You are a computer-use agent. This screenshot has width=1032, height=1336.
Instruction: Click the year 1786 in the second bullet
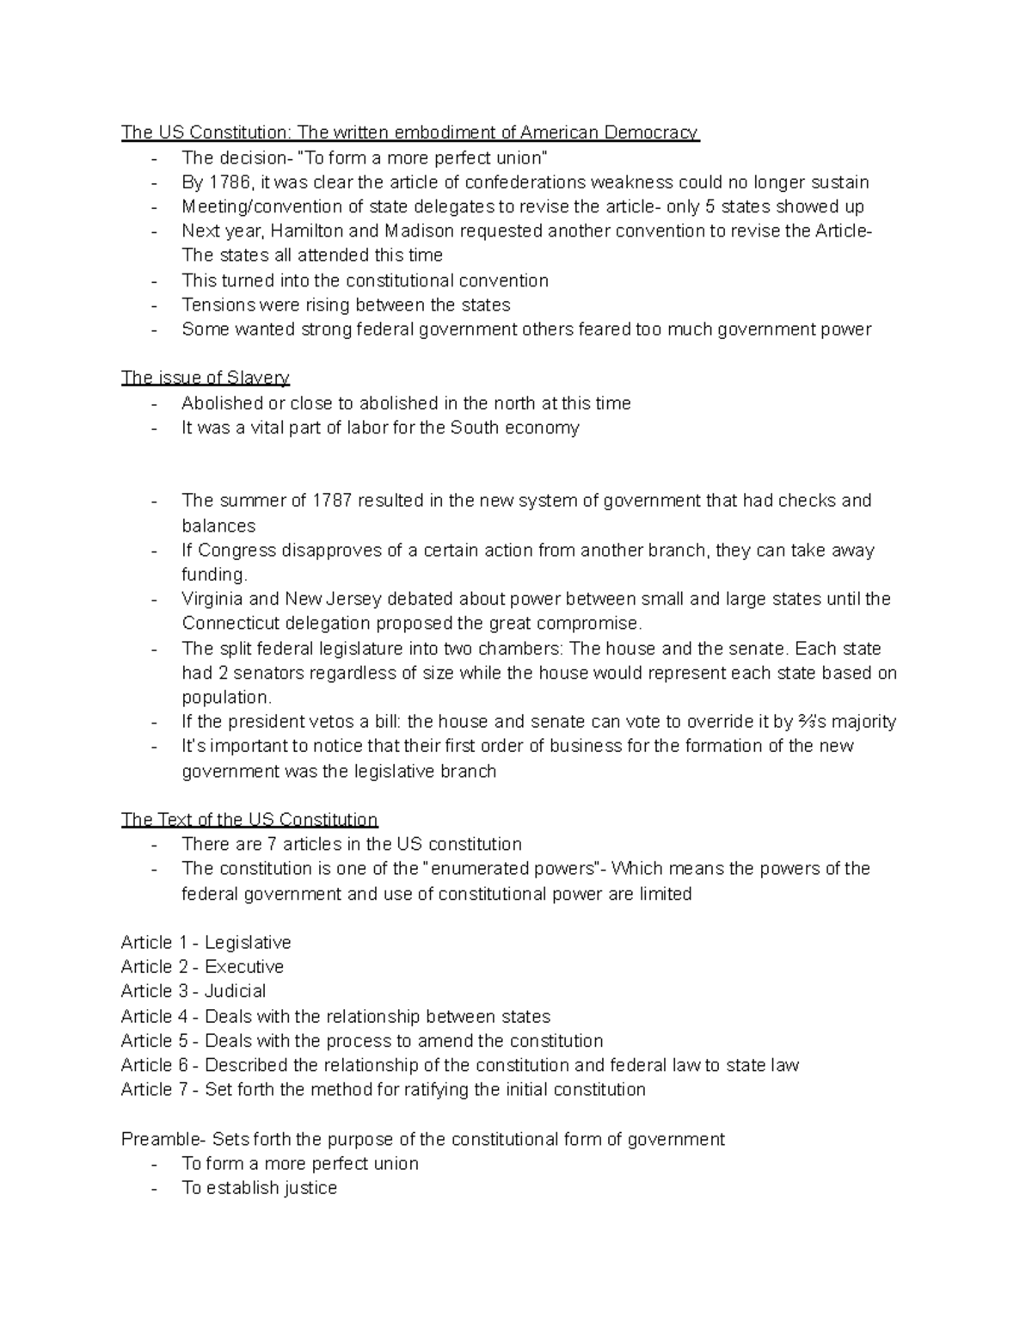227,182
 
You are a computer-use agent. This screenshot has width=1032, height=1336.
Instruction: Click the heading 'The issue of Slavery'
205,378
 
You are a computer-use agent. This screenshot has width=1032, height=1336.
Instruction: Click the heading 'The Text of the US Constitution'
249,820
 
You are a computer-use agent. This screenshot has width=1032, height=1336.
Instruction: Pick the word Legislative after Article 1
248,943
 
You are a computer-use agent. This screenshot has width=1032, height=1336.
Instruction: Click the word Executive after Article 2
244,967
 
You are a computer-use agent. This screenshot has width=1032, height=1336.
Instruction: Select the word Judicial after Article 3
235,991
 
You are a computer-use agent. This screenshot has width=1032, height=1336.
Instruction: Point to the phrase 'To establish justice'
259,1188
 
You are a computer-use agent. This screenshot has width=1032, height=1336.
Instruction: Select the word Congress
232,551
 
